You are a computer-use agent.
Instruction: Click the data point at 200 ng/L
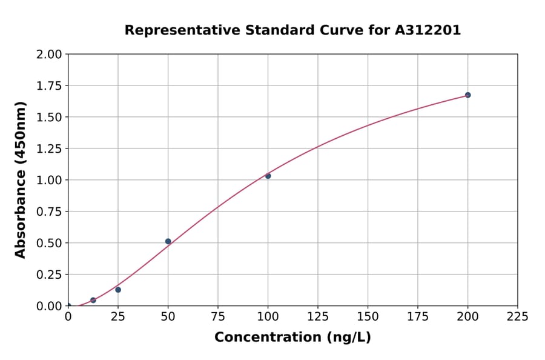[x=467, y=95]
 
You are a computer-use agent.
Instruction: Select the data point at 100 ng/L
[x=268, y=176]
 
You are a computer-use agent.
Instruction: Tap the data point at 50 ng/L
[x=168, y=241]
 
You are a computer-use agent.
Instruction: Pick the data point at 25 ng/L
[x=118, y=290]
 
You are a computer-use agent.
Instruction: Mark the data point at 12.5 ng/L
[x=93, y=300]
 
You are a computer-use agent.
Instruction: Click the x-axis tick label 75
[x=218, y=316]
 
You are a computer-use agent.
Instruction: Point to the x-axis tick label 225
[x=518, y=316]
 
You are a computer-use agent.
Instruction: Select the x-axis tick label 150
[x=368, y=316]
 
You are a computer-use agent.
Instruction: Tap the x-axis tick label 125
[x=318, y=316]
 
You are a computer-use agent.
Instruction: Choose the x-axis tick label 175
[x=418, y=316]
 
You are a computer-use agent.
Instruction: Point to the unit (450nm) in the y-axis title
[x=21, y=133]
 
